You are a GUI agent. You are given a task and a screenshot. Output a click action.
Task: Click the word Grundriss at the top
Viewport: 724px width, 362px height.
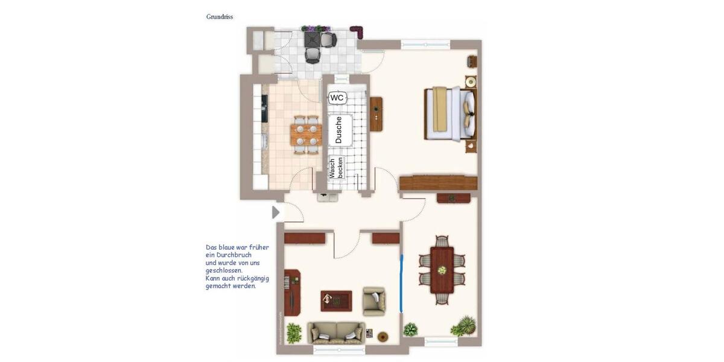click(220, 17)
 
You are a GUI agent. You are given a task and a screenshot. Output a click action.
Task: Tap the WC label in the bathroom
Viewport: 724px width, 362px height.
click(337, 98)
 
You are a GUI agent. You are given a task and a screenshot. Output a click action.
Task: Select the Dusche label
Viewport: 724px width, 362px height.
click(338, 129)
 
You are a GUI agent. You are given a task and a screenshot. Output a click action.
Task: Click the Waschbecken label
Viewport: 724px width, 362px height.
click(336, 168)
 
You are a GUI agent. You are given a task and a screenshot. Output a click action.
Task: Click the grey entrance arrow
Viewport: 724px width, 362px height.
click(276, 212)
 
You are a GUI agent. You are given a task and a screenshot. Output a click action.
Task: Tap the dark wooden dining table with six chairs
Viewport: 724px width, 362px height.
click(442, 270)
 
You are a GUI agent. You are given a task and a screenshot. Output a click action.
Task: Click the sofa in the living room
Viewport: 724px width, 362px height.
click(336, 332)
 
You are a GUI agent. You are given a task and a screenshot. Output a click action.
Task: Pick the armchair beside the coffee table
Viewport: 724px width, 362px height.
click(373, 300)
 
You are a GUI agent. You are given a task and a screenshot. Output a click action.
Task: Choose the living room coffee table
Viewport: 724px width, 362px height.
click(336, 300)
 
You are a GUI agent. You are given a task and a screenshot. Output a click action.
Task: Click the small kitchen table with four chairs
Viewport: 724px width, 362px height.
click(305, 134)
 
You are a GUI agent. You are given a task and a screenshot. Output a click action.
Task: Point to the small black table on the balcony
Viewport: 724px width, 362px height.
click(313, 40)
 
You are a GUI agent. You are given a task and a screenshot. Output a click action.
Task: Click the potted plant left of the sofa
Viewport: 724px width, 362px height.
click(294, 332)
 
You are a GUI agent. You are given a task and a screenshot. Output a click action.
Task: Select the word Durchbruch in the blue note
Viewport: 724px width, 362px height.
click(233, 255)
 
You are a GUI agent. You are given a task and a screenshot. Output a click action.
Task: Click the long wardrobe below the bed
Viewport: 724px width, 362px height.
click(438, 183)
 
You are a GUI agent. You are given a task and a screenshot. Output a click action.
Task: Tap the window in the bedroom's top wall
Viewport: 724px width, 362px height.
click(425, 43)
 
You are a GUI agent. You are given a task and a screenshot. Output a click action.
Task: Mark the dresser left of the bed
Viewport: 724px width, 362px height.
click(376, 114)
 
